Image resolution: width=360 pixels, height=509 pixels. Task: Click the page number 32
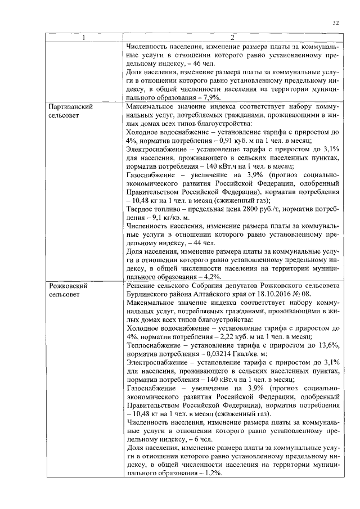335,22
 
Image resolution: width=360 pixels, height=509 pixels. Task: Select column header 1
84,38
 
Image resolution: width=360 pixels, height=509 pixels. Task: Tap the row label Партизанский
71,106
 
